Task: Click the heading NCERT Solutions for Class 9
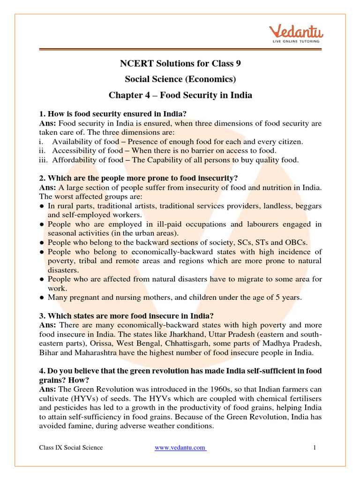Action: click(x=180, y=63)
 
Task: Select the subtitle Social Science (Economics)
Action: click(x=180, y=79)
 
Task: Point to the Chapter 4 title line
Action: click(x=180, y=95)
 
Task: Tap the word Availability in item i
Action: click(x=71, y=142)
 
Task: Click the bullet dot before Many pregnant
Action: click(x=42, y=297)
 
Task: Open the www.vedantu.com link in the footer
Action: click(x=180, y=448)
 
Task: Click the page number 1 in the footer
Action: click(x=315, y=448)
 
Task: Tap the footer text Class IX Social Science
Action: click(x=71, y=448)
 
